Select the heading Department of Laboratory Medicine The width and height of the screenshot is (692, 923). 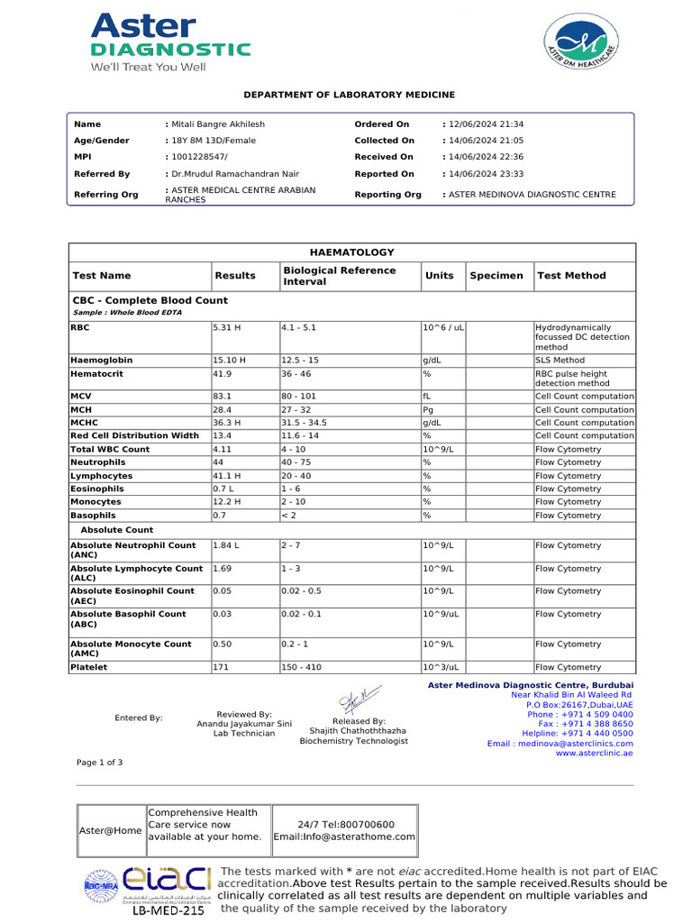pos(350,95)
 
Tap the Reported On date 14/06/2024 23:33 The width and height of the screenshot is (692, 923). pos(486,174)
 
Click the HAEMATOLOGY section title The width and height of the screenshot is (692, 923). pos(351,252)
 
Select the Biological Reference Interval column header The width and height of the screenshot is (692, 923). pos(339,276)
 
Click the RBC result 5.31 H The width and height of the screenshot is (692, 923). pos(225,328)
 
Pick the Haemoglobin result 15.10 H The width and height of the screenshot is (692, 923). pos(229,360)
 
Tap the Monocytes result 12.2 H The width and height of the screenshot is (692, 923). pos(227,501)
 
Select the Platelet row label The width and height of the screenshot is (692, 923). pos(89,667)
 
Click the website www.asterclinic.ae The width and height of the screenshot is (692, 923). pos(594,754)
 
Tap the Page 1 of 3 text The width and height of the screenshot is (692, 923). pos(100,763)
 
